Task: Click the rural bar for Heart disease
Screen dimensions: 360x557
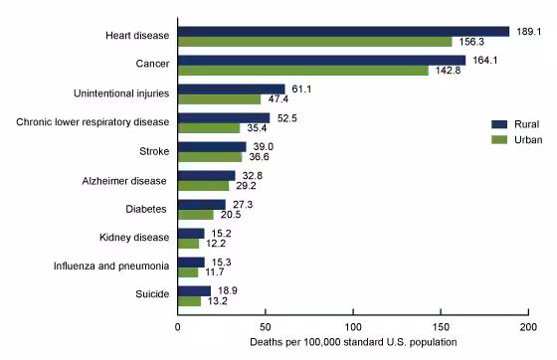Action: click(343, 32)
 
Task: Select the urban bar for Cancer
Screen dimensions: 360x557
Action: click(302, 71)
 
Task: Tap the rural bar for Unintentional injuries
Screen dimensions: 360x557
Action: click(231, 89)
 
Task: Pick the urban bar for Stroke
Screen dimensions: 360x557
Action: click(209, 157)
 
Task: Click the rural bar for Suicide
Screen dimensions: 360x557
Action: click(194, 290)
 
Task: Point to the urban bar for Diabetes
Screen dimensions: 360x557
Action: click(195, 215)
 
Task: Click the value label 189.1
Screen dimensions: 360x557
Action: click(526, 32)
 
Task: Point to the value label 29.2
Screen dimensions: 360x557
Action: click(247, 186)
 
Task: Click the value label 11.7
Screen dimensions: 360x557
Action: click(216, 272)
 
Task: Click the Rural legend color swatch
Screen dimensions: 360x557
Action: click(499, 123)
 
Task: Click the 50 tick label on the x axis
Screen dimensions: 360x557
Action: click(265, 326)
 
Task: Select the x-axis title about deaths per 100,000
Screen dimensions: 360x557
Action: click(353, 343)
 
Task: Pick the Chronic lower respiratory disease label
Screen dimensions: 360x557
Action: click(93, 122)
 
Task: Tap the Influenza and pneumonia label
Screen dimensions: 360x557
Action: click(113, 267)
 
